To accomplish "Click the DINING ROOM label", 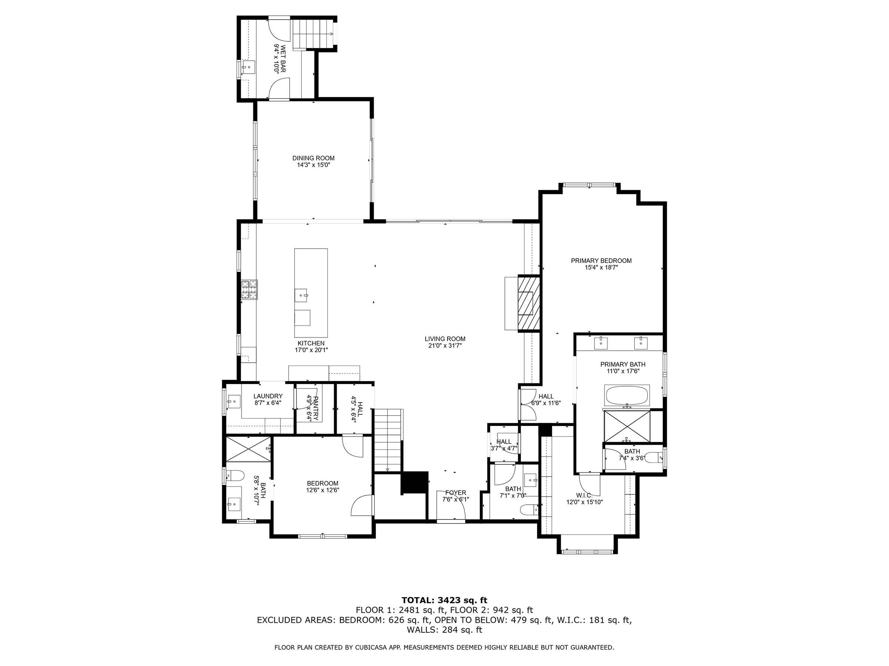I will click(x=313, y=158).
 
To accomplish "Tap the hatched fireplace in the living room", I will click(x=528, y=303).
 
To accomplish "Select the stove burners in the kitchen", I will click(x=249, y=289).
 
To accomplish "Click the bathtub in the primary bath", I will click(x=627, y=396).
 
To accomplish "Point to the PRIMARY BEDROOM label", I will click(x=601, y=260).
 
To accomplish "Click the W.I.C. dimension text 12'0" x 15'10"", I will click(x=585, y=502).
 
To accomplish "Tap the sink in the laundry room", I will click(x=233, y=401).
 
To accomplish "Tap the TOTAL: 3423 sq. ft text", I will click(x=444, y=601).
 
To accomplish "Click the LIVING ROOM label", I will click(x=445, y=339).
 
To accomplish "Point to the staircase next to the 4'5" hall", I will click(x=388, y=440).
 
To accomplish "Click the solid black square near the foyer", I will click(x=414, y=482).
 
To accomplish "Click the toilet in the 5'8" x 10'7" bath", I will click(x=236, y=476).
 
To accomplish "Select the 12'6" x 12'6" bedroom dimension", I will click(x=323, y=490).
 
